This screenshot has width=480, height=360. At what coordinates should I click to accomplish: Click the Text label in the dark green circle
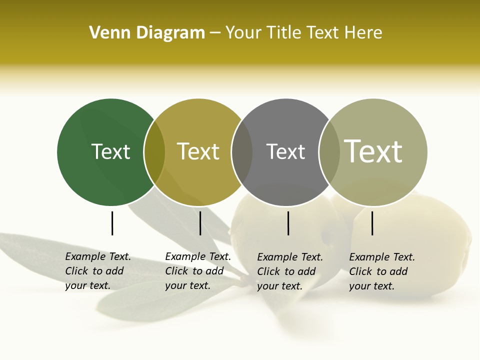click(110, 151)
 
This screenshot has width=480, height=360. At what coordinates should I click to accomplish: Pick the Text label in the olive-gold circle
click(198, 151)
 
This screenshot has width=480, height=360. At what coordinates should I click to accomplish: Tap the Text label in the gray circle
click(285, 151)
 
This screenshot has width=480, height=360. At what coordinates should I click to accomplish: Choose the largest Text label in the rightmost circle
click(373, 151)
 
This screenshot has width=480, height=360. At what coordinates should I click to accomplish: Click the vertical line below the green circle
click(112, 223)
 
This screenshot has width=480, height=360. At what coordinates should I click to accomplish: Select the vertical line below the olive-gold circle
click(200, 223)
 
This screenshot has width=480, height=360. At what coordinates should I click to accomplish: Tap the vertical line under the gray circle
click(288, 223)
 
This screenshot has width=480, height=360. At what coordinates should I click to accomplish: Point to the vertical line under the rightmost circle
click(372, 223)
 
